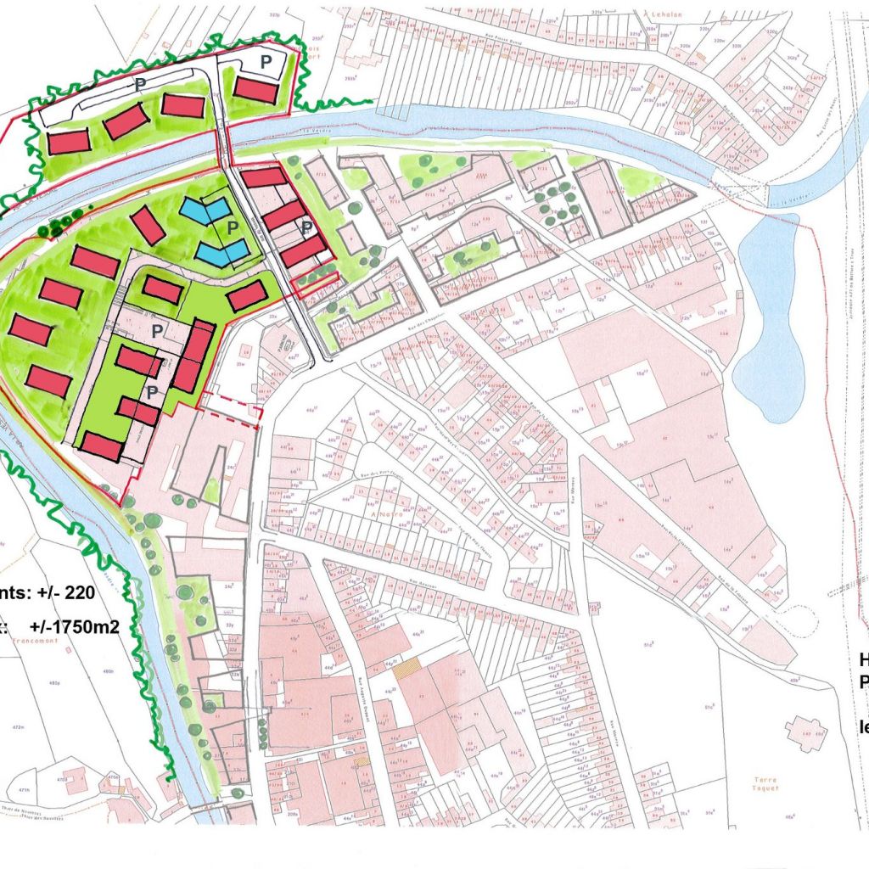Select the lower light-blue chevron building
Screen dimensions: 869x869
pyautogui.click(x=221, y=251)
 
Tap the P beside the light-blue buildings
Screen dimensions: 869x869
pyautogui.click(x=230, y=228)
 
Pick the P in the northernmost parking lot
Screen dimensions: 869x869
pyautogui.click(x=266, y=61)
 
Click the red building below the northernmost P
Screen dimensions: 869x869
pyautogui.click(x=255, y=89)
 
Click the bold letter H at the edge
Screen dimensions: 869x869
pyautogui.click(x=863, y=659)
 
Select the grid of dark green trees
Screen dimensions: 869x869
pyautogui.click(x=557, y=204)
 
